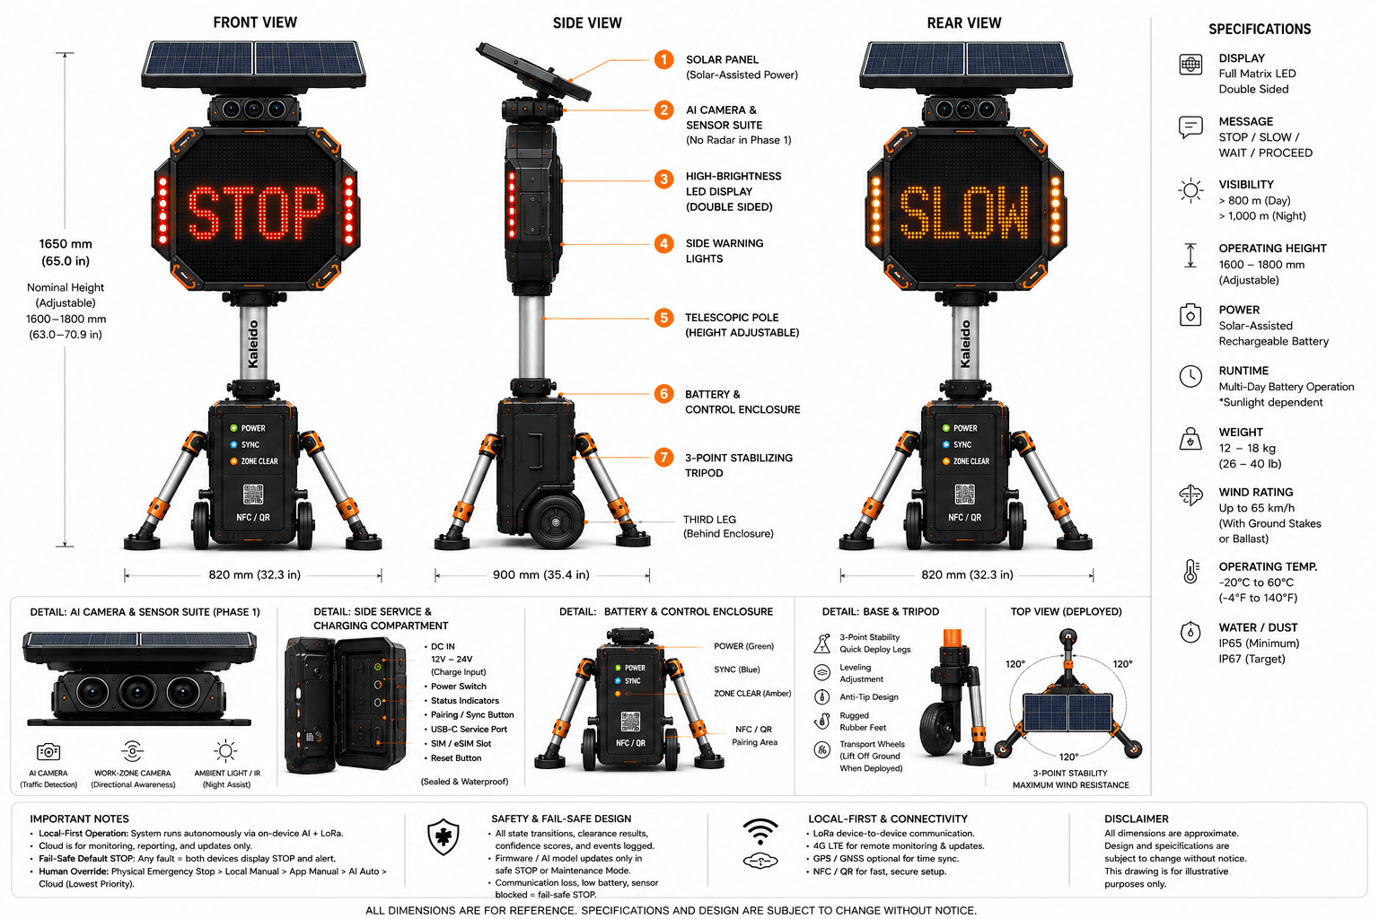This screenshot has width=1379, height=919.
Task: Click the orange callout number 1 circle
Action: point(663,60)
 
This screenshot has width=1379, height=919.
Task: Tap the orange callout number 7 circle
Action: point(663,458)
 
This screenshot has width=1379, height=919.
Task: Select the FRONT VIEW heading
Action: point(255,22)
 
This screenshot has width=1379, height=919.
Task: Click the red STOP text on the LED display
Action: point(256,213)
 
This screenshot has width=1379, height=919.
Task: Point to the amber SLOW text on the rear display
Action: point(964,213)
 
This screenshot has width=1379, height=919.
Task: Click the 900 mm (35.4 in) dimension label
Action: point(541,575)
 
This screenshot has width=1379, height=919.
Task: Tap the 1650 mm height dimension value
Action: point(66,244)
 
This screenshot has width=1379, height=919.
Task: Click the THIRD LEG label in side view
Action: point(709,520)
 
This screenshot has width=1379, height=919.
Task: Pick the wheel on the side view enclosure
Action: point(556,521)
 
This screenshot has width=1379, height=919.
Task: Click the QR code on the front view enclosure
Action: point(253,495)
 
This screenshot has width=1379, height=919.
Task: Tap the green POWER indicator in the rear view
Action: point(945,428)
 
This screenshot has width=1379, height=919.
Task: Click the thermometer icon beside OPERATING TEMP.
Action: point(1190,571)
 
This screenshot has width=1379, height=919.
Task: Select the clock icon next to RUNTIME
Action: point(1190,376)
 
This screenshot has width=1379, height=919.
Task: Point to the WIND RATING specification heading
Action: point(1256,493)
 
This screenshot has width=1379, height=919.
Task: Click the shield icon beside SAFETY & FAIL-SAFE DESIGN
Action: point(444,837)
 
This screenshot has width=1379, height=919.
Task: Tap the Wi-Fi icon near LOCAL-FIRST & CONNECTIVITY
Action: point(760,831)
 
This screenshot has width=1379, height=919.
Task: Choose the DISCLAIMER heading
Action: point(1137,819)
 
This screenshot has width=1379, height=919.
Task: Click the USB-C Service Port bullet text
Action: point(470,730)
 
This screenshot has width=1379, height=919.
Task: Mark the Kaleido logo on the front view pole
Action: point(253,344)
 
